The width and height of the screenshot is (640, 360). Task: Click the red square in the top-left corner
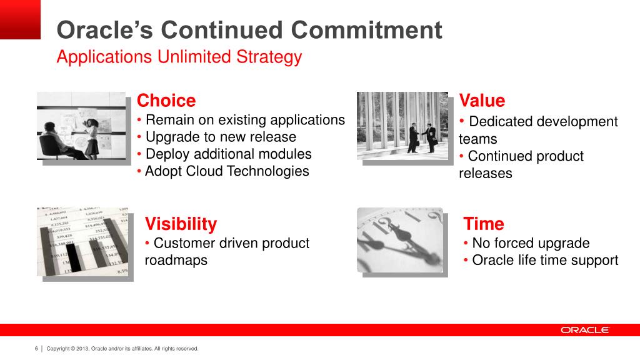coord(20,19)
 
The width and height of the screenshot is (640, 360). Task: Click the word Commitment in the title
coord(366,30)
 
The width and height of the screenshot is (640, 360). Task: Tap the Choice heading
coord(166,101)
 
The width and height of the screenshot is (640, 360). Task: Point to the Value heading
coord(482,101)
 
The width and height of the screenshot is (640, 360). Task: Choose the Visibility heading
coord(181,224)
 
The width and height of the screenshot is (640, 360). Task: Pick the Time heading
coord(484,224)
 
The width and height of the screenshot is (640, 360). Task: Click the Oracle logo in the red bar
coord(585,330)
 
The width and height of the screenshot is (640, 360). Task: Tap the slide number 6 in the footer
coord(36,349)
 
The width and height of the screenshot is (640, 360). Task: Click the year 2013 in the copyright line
coord(82,349)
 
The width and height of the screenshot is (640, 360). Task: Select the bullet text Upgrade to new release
coord(221,137)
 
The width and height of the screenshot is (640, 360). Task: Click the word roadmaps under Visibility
coord(176,260)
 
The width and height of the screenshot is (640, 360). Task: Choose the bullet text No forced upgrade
coord(531,243)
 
